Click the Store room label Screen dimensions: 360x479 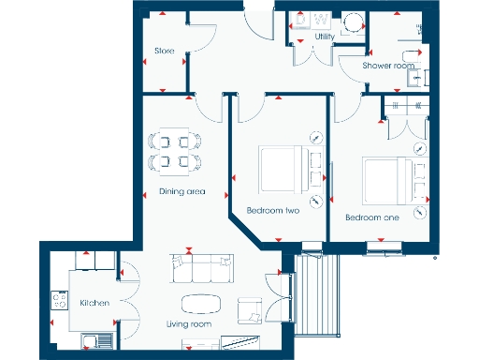pyautogui.click(x=165, y=51)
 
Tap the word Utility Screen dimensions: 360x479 pyautogui.click(x=325, y=37)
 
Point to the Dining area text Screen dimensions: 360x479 pyautogui.click(x=181, y=191)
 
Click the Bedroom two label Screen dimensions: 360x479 pyautogui.click(x=272, y=211)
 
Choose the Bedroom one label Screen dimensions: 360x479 pyautogui.click(x=372, y=217)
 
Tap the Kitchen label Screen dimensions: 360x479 pyautogui.click(x=95, y=303)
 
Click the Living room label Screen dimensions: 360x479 pyautogui.click(x=189, y=324)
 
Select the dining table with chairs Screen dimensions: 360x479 pyautogui.click(x=175, y=152)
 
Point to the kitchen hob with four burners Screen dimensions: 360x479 pyautogui.click(x=59, y=301)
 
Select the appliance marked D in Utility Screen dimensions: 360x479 pyautogui.click(x=301, y=20)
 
